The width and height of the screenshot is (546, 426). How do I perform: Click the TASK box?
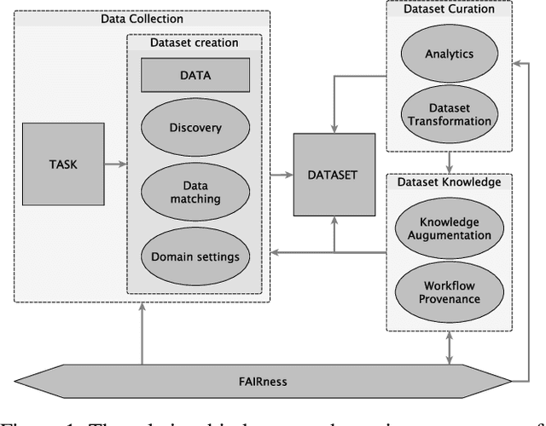(61, 164)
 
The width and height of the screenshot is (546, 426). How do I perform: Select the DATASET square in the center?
(334, 174)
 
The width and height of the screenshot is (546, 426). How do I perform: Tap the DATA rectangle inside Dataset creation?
(195, 75)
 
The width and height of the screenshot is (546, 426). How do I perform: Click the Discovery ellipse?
(195, 129)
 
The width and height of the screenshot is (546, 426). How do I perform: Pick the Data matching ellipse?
(195, 191)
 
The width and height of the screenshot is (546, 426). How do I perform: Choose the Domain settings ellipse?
(195, 255)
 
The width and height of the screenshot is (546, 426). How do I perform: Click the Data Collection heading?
(142, 18)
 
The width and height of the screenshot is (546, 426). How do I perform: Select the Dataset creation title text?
(195, 43)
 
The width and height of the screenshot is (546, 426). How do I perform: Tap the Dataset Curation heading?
(448, 9)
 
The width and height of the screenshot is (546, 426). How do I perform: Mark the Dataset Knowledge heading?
(448, 181)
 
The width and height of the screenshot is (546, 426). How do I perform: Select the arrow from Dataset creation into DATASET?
(280, 174)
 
